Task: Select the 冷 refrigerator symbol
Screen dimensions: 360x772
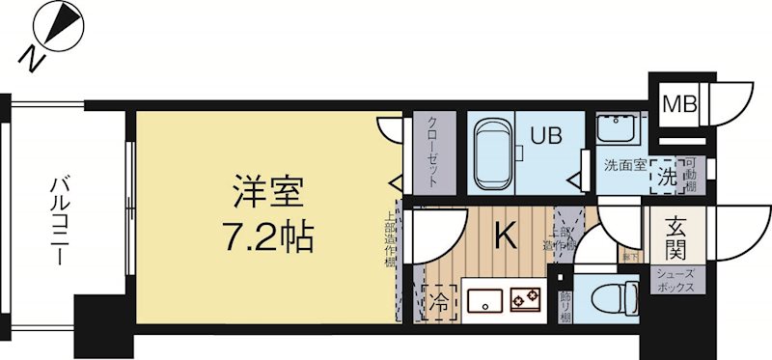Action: pos(436,299)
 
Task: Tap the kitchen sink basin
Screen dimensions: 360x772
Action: pos(482,302)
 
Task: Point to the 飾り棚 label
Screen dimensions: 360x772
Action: pos(566,304)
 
